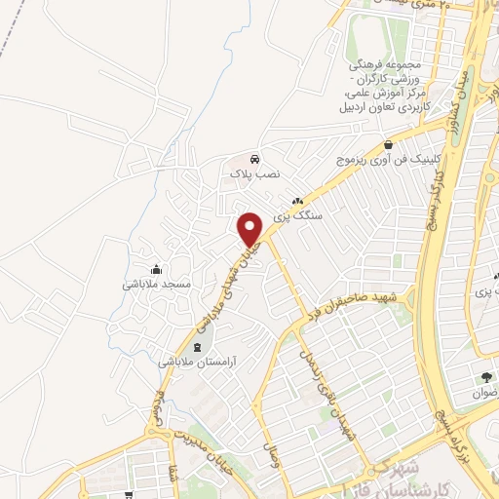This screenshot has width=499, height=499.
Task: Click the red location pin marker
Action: pos(250,228)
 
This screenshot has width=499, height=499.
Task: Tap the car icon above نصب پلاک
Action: pos(253,159)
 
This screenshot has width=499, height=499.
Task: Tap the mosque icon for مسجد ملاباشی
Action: pos(156,269)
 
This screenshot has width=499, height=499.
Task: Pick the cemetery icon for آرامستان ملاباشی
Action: pos(199,347)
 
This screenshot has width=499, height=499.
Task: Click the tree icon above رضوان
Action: pos(485,377)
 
